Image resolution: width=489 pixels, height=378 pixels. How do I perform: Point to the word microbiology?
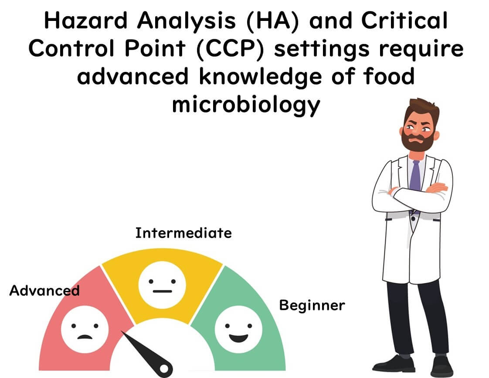click(246, 105)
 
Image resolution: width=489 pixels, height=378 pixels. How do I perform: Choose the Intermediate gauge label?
click(183, 233)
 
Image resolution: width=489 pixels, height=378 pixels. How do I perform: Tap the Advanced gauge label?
click(44, 290)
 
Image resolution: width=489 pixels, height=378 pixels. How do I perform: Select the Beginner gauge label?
click(312, 305)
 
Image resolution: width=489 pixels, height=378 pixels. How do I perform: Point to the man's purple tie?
click(416, 174)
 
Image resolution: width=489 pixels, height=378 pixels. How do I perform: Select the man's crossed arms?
click(412, 194)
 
